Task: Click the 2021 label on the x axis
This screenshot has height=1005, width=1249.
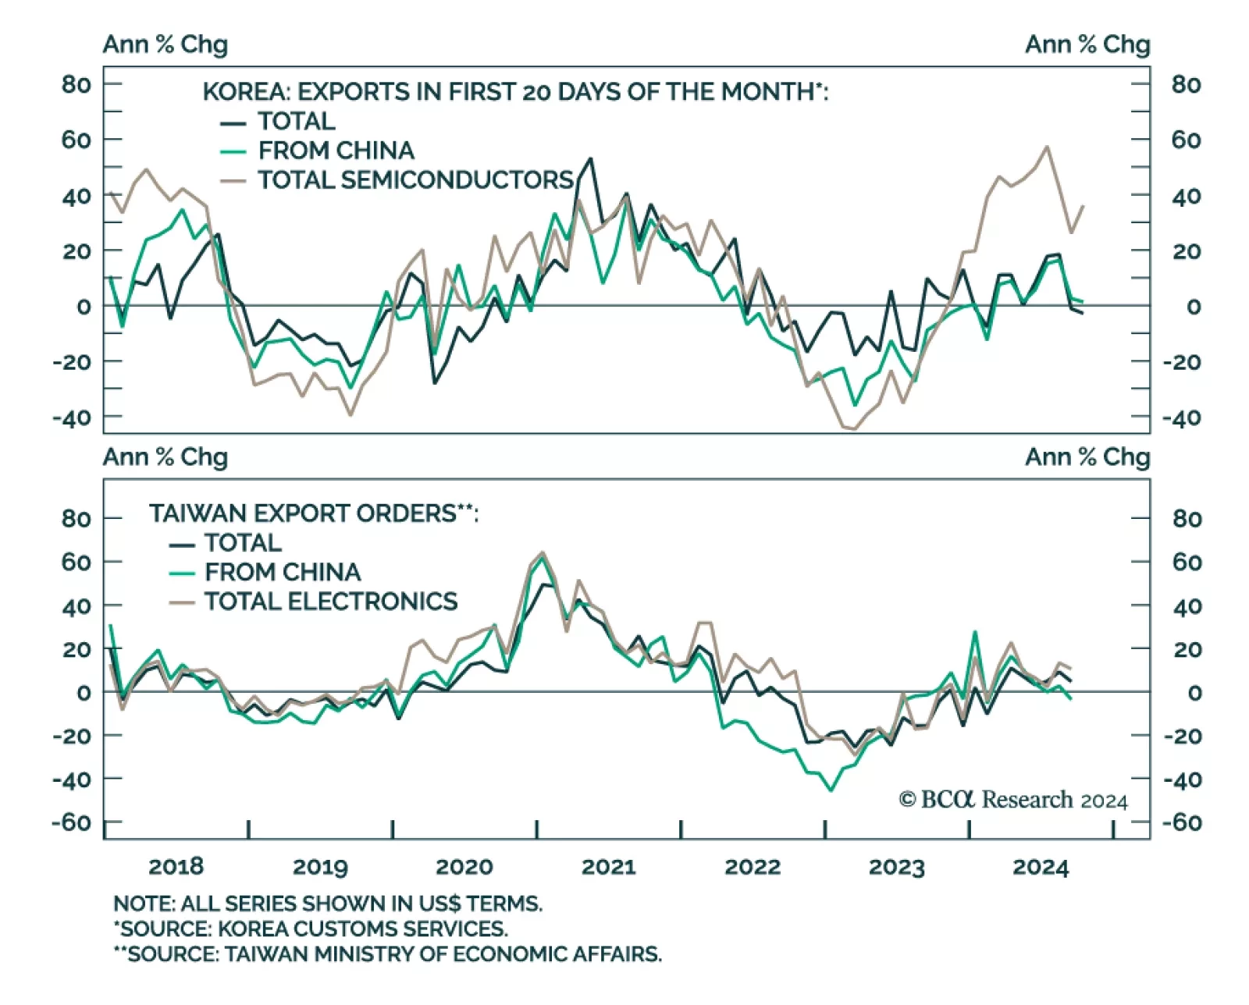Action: coord(608,867)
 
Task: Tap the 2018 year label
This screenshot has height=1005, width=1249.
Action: coord(176,867)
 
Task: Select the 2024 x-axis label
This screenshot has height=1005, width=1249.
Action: coord(1040,867)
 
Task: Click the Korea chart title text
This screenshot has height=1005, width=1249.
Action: coord(515,92)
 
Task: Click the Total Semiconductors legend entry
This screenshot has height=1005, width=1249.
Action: coord(415,180)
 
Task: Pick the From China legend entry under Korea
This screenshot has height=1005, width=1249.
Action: coord(336,151)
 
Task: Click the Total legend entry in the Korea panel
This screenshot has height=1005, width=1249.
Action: coord(296,122)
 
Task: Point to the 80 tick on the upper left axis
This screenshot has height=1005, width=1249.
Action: coord(77,84)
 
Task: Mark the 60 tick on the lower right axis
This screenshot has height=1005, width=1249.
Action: coord(1187,562)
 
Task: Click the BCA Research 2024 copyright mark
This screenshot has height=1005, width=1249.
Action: coord(1013,800)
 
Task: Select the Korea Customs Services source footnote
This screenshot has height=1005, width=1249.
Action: coord(311,929)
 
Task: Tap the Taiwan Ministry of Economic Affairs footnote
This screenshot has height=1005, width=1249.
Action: coord(387,954)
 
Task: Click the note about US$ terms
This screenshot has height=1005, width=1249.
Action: coord(328,904)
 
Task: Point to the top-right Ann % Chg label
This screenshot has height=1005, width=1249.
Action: coord(1087,44)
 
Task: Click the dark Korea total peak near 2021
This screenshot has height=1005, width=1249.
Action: coord(589,159)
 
